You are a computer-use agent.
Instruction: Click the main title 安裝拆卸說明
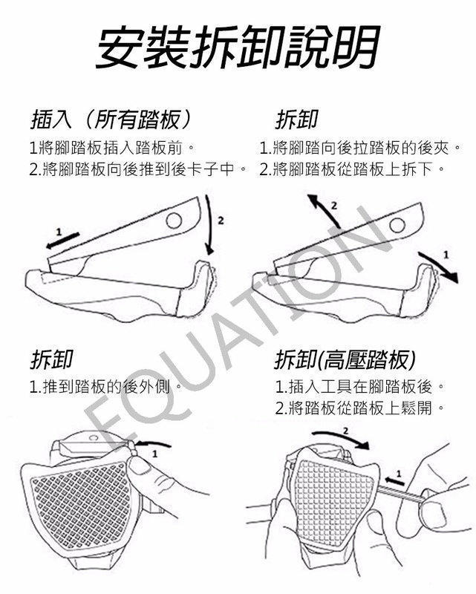tap(238, 47)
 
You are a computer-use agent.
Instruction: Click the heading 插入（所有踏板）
tap(111, 120)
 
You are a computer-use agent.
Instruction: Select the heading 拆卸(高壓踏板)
tap(345, 360)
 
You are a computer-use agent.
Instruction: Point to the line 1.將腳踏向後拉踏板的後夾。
tap(361, 148)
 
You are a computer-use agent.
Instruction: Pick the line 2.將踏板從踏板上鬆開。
tap(359, 408)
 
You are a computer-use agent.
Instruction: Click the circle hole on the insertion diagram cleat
tap(174, 221)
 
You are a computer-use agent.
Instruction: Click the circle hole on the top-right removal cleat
tap(397, 225)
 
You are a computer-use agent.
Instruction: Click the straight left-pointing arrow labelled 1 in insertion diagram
tap(62, 241)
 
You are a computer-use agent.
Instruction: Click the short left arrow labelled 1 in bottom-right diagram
tap(395, 481)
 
